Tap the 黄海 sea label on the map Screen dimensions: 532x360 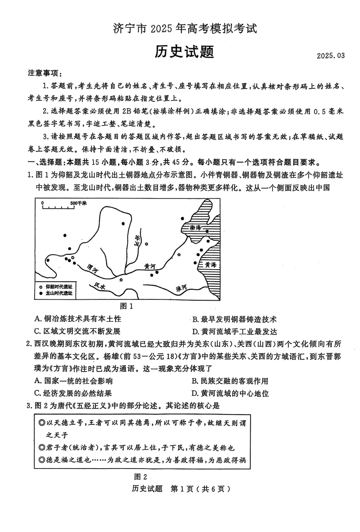pos(210,265)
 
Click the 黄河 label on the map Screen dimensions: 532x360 pos(149,267)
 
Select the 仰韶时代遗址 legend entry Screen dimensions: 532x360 pos(59,286)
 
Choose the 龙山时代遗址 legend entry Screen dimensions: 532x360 pos(59,293)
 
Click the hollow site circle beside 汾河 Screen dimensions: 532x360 pos(147,244)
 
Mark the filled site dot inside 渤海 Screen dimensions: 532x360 pos(207,231)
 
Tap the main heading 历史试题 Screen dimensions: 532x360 pos(184,52)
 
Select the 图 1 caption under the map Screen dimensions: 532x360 pos(127,306)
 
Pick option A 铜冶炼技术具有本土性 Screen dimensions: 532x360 pos(78,319)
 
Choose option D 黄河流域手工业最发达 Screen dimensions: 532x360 pos(234,332)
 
